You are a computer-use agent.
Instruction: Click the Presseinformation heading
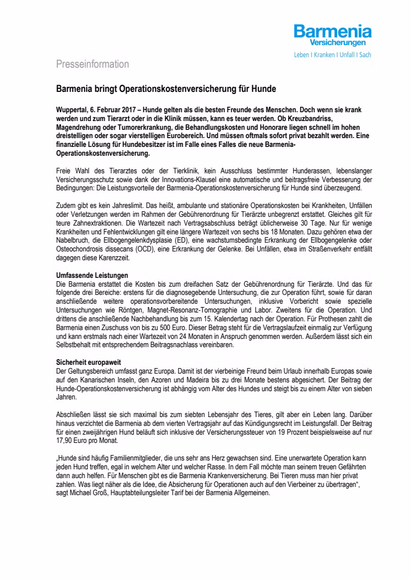(93, 64)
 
